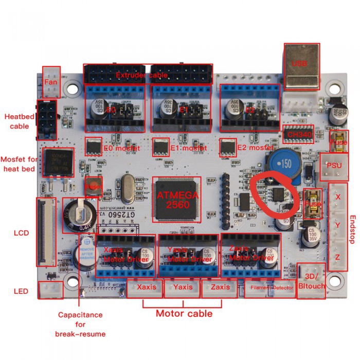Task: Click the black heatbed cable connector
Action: [x=47, y=119]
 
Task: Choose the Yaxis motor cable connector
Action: [x=183, y=288]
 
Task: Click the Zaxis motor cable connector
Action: [x=220, y=288]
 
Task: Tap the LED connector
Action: [x=51, y=291]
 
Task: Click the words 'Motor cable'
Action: [x=184, y=313]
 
